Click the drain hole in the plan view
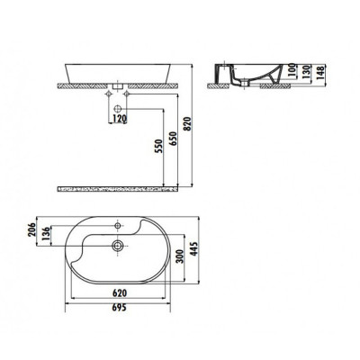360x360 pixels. (118, 245)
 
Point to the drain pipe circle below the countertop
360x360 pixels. (118, 105)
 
